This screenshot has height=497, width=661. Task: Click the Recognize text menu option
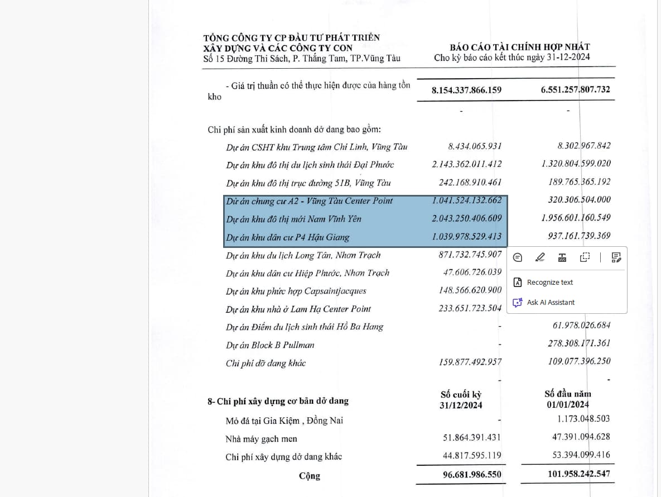[549, 283]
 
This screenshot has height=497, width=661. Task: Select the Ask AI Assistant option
[550, 303]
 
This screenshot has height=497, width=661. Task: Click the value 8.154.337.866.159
[466, 90]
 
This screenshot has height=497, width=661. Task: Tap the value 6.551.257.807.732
[575, 89]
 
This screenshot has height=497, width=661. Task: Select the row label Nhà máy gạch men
[261, 439]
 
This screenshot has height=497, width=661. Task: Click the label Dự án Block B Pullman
[270, 345]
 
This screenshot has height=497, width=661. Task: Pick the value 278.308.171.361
[579, 343]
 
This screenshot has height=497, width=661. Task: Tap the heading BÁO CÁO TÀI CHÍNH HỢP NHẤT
[520, 47]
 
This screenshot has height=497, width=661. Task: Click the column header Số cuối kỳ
[461, 395]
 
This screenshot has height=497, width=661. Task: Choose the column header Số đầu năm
[568, 394]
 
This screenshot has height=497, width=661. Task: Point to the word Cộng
[310, 476]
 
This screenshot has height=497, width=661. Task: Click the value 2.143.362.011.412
[466, 164]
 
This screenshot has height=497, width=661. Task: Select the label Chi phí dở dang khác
[266, 364]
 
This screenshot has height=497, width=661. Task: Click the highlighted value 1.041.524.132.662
[466, 200]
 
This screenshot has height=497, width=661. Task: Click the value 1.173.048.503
[583, 418]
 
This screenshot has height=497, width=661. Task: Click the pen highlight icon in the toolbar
[540, 257]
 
